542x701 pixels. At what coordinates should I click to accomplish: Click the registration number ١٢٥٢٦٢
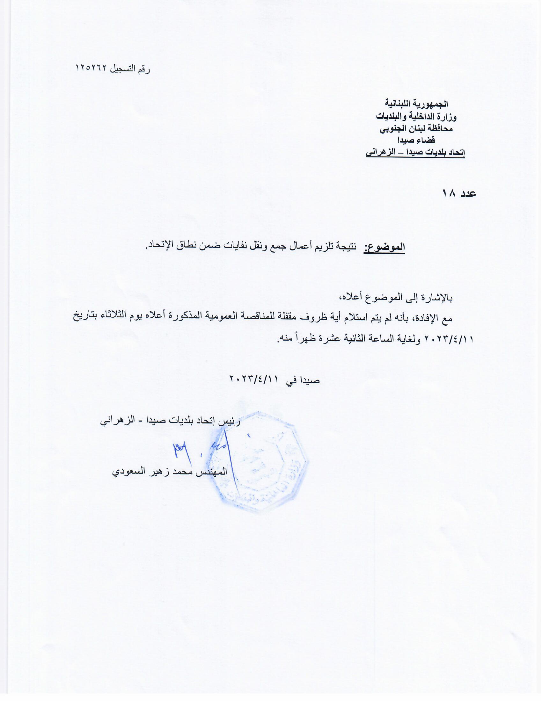coord(92,69)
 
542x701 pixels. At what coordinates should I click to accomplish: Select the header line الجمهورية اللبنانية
coord(416,104)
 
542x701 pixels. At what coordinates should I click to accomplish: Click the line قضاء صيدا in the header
coord(416,141)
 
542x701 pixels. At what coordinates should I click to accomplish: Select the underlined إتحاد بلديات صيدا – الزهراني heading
coord(415,153)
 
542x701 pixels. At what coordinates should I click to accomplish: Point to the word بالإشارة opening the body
coord(436,298)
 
